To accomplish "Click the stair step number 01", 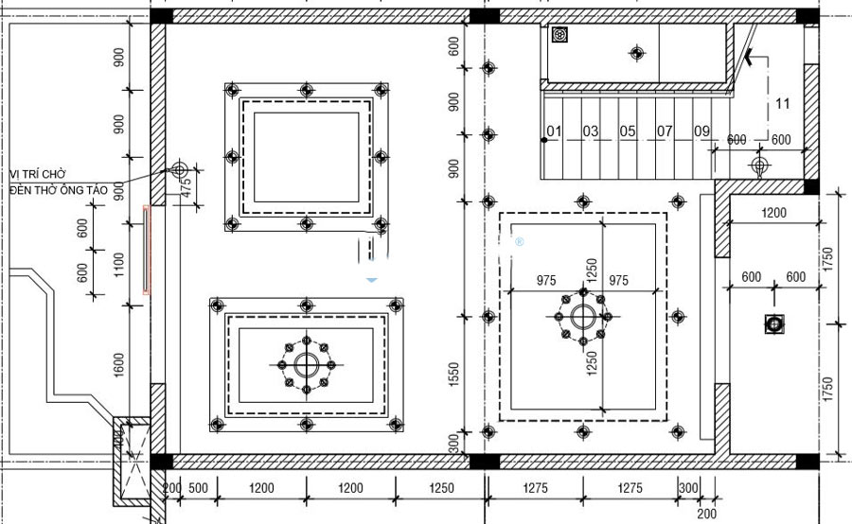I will tap(554, 131).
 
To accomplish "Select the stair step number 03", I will tap(591, 131).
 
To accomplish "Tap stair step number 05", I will tap(628, 131).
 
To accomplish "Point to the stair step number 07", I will tap(665, 131).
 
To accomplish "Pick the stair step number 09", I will tap(701, 131).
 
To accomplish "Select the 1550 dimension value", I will tap(454, 376).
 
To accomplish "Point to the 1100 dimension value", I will tap(118, 266).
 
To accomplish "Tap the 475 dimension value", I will tap(186, 186).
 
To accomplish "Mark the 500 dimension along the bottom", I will tap(198, 488).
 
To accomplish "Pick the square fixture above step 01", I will tap(560, 36).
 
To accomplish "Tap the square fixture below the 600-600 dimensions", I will tap(774, 324).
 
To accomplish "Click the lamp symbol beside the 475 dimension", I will tap(179, 170).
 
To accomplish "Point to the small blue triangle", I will tap(372, 280).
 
